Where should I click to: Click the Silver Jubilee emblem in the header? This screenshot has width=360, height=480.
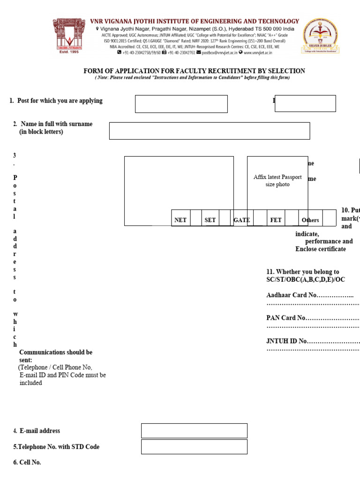321,38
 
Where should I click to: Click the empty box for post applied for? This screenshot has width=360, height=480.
181,104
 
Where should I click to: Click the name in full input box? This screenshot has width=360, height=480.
210,131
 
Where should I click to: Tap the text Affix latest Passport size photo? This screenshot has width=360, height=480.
277,181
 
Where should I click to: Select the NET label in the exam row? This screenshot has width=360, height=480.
180,220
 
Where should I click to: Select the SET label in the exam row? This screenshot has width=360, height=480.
210,220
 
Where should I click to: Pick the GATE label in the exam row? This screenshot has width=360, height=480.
241,220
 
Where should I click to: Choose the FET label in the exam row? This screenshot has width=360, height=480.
276,220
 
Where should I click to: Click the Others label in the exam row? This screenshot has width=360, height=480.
310,220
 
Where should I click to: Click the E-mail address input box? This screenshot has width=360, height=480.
194,431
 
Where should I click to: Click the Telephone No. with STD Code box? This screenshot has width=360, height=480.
194,447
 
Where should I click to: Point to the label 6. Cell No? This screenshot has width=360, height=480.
27,462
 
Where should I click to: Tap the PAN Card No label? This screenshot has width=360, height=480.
286,318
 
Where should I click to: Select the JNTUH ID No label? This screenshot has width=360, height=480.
287,341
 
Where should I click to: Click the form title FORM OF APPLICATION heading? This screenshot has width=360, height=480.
194,71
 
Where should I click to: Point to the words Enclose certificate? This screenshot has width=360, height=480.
321,249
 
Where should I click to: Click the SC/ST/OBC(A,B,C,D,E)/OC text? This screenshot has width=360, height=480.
305,280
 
